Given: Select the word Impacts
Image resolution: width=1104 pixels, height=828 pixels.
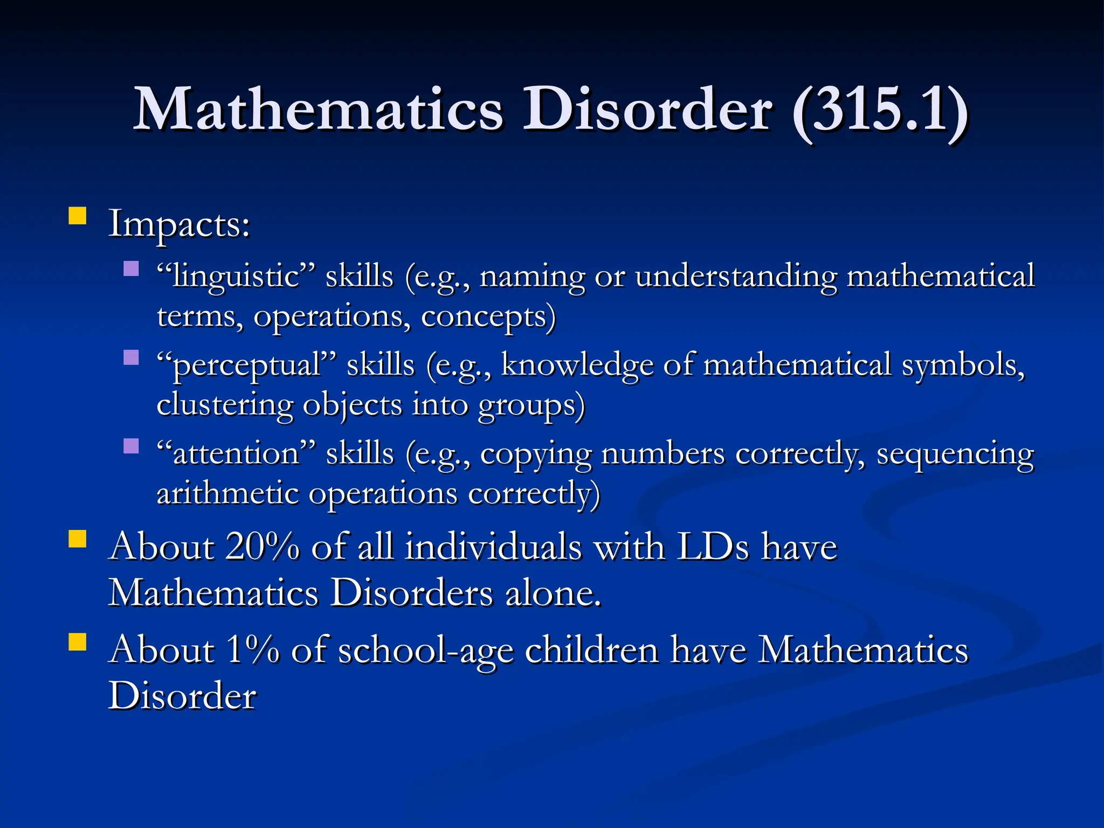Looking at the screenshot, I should click(x=178, y=224).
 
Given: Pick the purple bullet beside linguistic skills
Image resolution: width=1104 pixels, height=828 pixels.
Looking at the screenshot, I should click(x=131, y=268).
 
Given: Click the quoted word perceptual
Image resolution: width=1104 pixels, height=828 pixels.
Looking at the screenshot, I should click(x=246, y=365).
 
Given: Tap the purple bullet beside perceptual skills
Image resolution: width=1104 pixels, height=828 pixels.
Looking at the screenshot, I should click(x=131, y=357).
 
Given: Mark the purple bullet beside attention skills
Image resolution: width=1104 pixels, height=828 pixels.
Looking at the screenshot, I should click(x=131, y=446).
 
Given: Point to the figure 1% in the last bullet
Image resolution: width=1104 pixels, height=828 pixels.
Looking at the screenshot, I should click(x=252, y=649).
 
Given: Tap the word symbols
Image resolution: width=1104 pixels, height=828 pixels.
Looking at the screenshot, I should click(x=963, y=365).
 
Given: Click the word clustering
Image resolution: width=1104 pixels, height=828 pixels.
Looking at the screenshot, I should click(x=224, y=405).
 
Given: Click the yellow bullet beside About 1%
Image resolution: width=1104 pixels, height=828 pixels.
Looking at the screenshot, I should click(x=78, y=642).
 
